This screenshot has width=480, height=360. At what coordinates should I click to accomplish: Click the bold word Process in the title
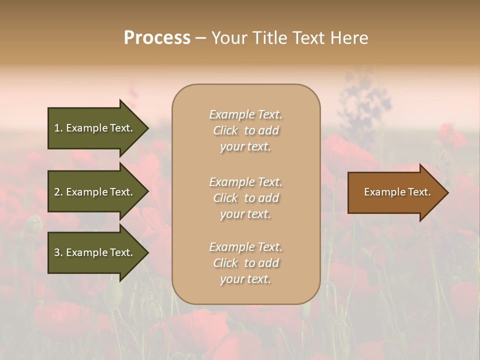tap(157, 38)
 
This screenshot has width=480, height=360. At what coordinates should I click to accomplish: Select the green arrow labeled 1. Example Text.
tap(95, 128)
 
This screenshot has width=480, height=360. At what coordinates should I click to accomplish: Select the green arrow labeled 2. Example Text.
tap(95, 192)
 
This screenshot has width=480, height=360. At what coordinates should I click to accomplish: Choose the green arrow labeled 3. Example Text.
tap(95, 252)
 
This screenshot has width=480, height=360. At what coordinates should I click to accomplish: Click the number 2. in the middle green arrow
tap(58, 192)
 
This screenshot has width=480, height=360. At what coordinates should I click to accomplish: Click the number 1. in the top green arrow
tap(58, 128)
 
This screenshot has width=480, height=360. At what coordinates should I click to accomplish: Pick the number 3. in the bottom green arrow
tap(58, 252)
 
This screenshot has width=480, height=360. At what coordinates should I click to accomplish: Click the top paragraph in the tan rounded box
tap(245, 130)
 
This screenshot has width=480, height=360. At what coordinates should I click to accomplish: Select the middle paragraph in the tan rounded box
tap(245, 198)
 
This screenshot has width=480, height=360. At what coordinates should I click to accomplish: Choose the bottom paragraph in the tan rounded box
tap(245, 263)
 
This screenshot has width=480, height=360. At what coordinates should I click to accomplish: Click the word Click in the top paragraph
tap(225, 130)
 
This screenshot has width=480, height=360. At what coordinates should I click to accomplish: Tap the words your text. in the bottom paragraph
tap(245, 279)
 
